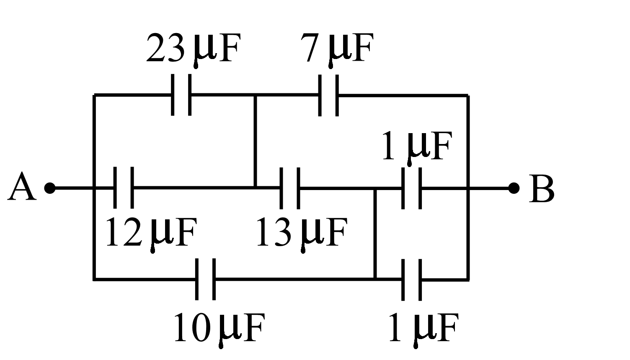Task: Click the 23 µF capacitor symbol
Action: (181, 95)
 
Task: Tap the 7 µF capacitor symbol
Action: (328, 95)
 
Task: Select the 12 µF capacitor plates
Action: (124, 188)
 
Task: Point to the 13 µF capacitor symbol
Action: (290, 188)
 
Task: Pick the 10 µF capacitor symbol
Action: (205, 279)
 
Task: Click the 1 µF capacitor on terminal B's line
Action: (411, 188)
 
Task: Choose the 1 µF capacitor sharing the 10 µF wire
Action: (411, 279)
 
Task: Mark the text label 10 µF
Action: (219, 329)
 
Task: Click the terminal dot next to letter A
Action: (50, 188)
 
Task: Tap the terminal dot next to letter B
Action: (514, 188)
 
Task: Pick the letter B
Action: (541, 189)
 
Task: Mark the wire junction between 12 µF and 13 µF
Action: (255, 187)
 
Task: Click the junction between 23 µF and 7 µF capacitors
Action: (255, 95)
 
